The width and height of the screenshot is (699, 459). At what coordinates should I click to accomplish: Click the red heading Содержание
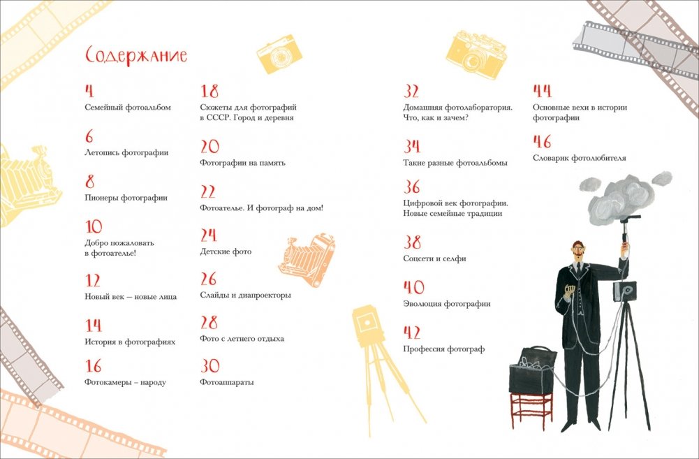(136, 56)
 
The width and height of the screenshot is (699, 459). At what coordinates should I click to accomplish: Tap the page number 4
(89, 91)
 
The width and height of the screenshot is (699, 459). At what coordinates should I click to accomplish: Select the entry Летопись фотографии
(126, 152)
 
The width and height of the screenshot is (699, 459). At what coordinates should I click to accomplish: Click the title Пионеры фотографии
(126, 198)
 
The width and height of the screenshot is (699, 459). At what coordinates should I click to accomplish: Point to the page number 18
(209, 91)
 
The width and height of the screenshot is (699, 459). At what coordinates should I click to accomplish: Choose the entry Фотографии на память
(242, 163)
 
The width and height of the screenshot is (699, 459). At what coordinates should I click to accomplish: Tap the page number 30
(210, 366)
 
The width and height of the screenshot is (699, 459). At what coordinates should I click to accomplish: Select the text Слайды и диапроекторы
(245, 296)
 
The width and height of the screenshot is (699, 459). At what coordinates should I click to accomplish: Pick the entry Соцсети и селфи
(434, 258)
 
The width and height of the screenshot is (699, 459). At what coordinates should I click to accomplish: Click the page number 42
(412, 333)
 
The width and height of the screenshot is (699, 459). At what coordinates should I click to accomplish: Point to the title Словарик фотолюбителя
(579, 158)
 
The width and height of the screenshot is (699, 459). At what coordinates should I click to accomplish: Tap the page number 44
(542, 91)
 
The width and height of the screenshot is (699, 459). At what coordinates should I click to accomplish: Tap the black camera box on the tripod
(624, 291)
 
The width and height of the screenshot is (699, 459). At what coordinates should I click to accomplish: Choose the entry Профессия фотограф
(443, 349)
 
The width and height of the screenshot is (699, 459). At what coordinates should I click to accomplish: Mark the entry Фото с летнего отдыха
(242, 339)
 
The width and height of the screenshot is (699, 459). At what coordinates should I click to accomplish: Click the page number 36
(412, 187)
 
